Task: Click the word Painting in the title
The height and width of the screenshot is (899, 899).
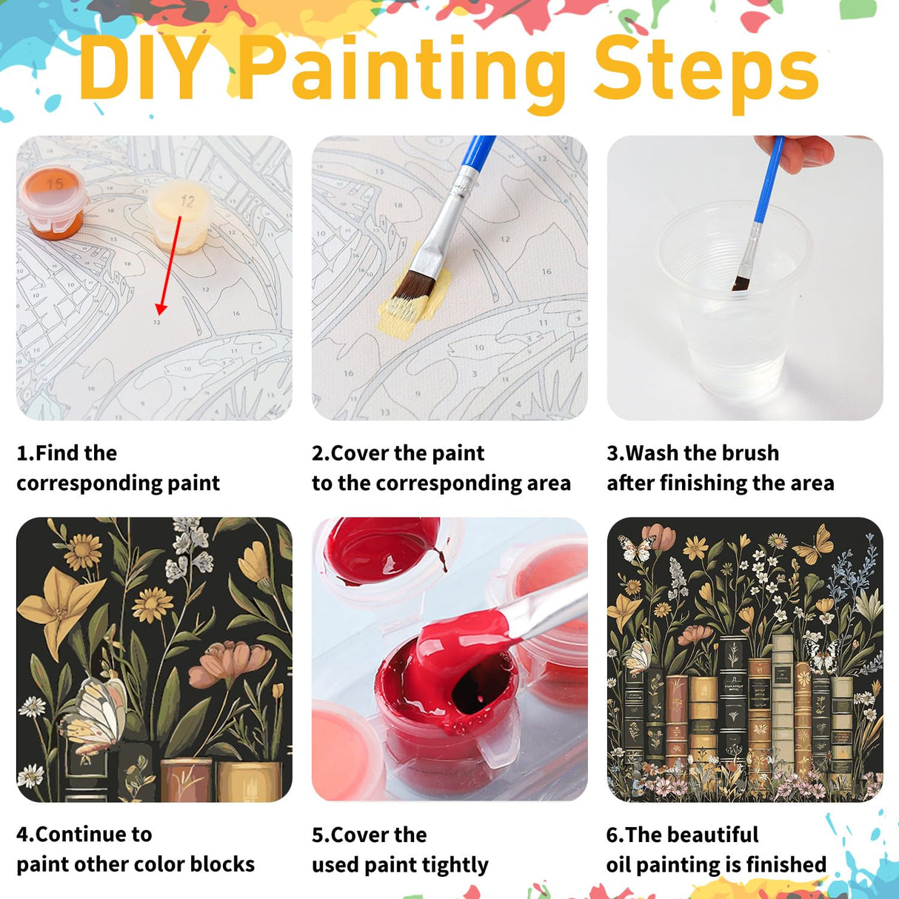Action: [x=400, y=70]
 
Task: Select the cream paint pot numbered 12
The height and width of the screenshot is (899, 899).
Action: [x=181, y=215]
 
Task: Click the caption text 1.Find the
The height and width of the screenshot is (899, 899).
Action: [x=67, y=452]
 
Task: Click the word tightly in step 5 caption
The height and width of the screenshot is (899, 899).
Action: [x=455, y=865]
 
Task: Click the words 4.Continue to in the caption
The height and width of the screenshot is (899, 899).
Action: [x=84, y=834]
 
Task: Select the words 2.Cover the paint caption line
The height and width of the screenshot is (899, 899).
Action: [x=398, y=452]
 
